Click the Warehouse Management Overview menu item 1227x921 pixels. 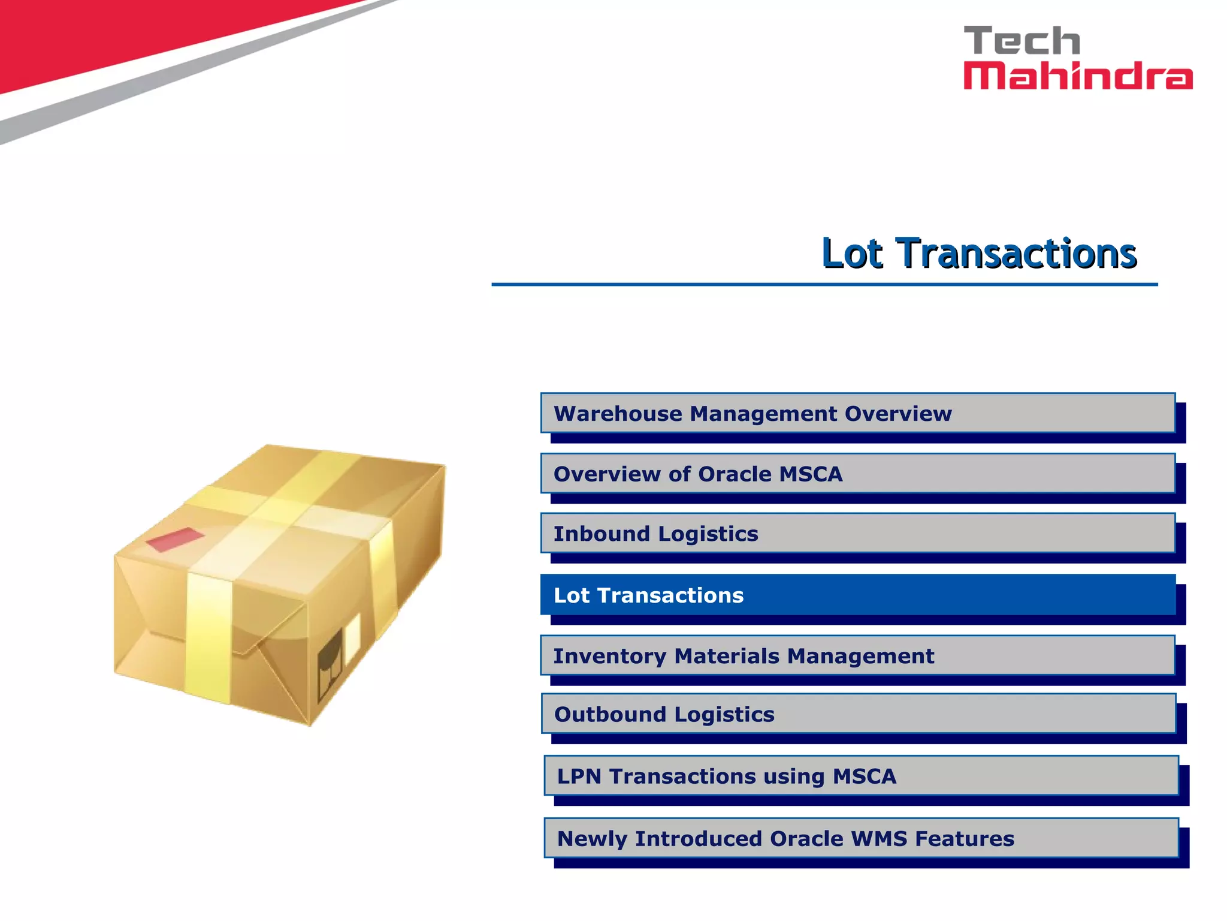pyautogui.click(x=857, y=413)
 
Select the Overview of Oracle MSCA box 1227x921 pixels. pyautogui.click(x=857, y=474)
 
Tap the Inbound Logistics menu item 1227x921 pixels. pyautogui.click(x=857, y=533)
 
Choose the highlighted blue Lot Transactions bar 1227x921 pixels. pyautogui.click(x=857, y=595)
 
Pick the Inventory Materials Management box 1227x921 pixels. pyautogui.click(x=857, y=655)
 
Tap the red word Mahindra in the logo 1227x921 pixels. pyautogui.click(x=1077, y=76)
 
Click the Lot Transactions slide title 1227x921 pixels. pyautogui.click(x=979, y=253)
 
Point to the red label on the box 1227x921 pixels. pyautogui.click(x=176, y=539)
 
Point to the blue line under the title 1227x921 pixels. pyautogui.click(x=824, y=285)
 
